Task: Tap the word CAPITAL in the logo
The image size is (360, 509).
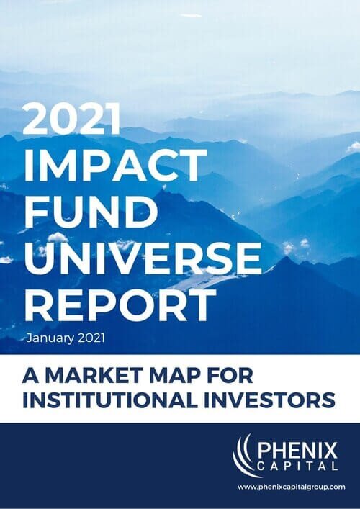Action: [294, 470]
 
